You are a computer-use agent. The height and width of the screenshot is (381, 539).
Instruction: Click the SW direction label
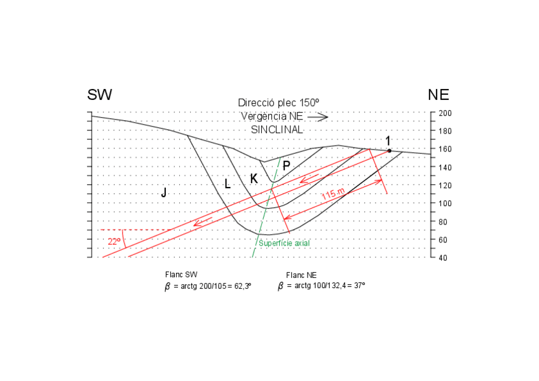click(x=100, y=95)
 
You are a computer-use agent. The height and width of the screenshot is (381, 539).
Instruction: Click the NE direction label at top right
click(x=439, y=95)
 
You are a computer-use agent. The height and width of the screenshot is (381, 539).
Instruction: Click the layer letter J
click(x=163, y=192)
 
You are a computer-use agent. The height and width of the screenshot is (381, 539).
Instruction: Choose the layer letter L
click(x=227, y=184)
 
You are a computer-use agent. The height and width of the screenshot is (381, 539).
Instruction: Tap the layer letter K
click(x=254, y=179)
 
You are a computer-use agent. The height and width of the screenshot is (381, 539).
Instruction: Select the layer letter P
click(x=287, y=165)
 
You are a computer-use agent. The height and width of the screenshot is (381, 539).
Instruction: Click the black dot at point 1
click(x=390, y=151)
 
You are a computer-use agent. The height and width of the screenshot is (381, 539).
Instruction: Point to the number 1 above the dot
click(x=388, y=140)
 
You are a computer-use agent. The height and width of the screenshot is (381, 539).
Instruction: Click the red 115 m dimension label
click(x=332, y=194)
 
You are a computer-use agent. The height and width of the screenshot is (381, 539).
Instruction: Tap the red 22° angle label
click(x=114, y=241)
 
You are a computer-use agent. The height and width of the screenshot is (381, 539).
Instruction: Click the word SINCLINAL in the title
click(x=278, y=129)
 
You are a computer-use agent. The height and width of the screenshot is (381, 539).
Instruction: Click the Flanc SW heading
click(x=181, y=274)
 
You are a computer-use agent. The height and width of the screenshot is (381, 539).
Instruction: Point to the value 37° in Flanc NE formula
click(x=358, y=286)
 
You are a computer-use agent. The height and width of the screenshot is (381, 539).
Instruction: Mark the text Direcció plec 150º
click(x=278, y=102)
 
